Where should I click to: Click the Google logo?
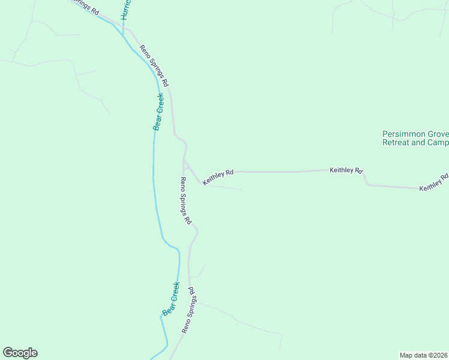[20, 353]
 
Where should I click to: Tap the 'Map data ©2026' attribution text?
[424, 355]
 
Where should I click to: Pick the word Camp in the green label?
[438, 143]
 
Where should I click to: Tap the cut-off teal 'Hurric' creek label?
[125, 10]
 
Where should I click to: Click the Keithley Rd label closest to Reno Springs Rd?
[217, 177]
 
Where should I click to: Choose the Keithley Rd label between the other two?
[346, 170]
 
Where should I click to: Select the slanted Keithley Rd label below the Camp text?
[434, 183]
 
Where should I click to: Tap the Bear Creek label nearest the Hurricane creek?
[158, 112]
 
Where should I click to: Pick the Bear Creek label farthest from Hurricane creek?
[171, 299]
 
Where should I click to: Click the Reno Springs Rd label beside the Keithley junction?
[185, 200]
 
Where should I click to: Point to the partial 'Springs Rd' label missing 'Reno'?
[85, 6]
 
